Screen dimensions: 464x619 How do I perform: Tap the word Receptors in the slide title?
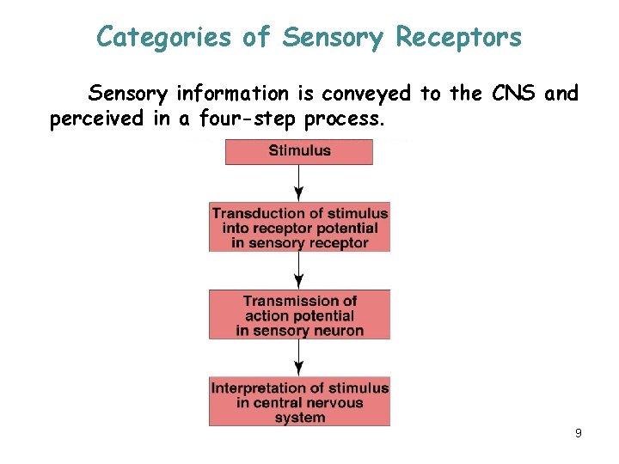(458, 37)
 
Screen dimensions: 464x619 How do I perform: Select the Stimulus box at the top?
(299, 151)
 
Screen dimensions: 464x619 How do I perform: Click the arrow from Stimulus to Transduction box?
(298, 183)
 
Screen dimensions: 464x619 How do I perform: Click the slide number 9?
(579, 434)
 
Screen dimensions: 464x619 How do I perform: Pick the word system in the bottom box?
(300, 418)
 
